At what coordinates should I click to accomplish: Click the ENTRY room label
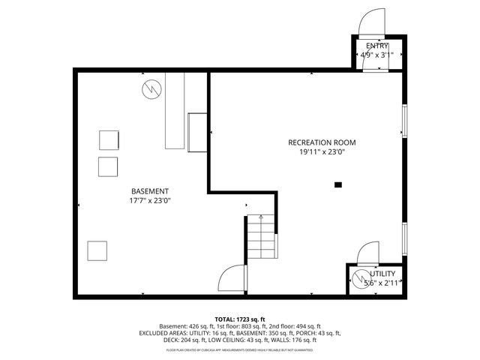point(378,46)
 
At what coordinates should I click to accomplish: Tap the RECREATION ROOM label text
point(322,142)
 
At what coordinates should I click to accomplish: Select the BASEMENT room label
point(150,191)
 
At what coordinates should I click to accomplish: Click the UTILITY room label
point(382,274)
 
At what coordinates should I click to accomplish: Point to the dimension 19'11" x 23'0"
point(322,152)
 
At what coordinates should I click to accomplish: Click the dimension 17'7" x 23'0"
point(150,200)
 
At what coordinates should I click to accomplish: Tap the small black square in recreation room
point(338,184)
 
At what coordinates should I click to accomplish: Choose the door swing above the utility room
point(369,252)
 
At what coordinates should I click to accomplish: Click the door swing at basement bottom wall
point(232,280)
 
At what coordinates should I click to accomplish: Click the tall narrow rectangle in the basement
point(175,111)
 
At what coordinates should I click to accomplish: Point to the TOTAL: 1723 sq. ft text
point(240,319)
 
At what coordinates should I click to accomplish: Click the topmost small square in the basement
point(109,140)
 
